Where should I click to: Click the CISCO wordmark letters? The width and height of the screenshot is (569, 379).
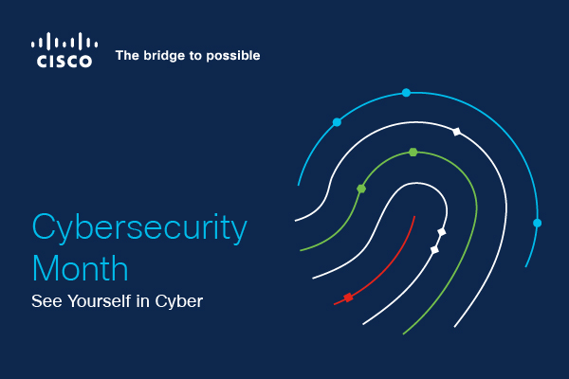(64, 62)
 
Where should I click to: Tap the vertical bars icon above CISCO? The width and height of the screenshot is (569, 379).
(64, 41)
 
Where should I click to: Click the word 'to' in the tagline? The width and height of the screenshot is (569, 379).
(193, 56)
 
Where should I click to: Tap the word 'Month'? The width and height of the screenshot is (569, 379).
(80, 268)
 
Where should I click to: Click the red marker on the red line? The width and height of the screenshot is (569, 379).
(348, 298)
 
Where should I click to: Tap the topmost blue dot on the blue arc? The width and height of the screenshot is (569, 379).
(406, 93)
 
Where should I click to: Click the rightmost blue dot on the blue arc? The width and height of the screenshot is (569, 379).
(537, 223)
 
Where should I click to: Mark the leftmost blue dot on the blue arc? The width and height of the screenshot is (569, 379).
(337, 122)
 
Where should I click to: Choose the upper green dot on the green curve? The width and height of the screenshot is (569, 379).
(413, 152)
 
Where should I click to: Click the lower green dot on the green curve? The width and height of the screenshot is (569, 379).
(360, 189)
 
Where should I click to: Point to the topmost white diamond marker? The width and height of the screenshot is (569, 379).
(456, 131)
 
